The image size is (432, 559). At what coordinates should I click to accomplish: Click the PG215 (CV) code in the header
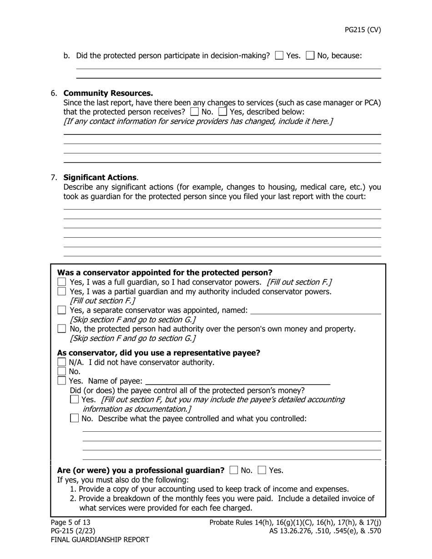click(362, 30)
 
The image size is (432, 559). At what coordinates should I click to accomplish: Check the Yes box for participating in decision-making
click(280, 55)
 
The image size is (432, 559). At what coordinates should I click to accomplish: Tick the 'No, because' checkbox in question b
click(310, 55)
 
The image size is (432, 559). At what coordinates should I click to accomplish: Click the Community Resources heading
click(108, 93)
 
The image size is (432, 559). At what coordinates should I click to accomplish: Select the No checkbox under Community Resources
click(195, 111)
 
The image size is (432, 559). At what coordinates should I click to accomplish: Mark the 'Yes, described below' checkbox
click(223, 111)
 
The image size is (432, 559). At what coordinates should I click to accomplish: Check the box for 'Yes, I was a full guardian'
click(62, 282)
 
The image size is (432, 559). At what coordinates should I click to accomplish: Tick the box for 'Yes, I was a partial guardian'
click(62, 292)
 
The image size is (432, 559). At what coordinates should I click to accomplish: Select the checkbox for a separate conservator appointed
click(62, 310)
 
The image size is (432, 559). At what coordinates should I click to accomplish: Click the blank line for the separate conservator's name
click(316, 311)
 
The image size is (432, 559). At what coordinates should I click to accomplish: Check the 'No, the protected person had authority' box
click(62, 329)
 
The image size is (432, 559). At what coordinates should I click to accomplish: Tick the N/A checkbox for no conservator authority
click(62, 362)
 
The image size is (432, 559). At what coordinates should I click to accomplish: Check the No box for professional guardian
click(234, 470)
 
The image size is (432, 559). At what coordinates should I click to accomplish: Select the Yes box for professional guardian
click(262, 470)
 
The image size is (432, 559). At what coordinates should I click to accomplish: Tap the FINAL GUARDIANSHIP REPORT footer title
click(100, 540)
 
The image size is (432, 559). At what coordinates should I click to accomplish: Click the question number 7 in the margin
click(54, 177)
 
